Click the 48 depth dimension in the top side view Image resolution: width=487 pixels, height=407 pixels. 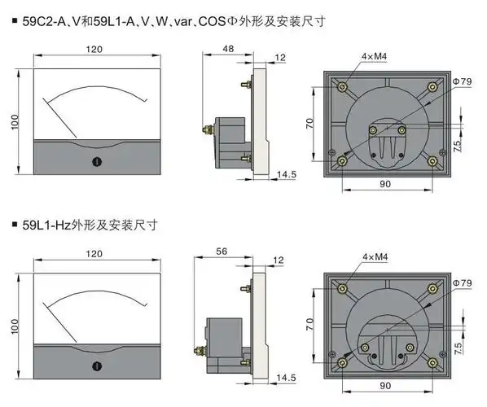(x=228, y=49)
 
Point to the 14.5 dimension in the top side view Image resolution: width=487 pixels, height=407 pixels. (x=287, y=175)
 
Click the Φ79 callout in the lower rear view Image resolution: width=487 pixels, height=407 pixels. (x=461, y=282)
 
